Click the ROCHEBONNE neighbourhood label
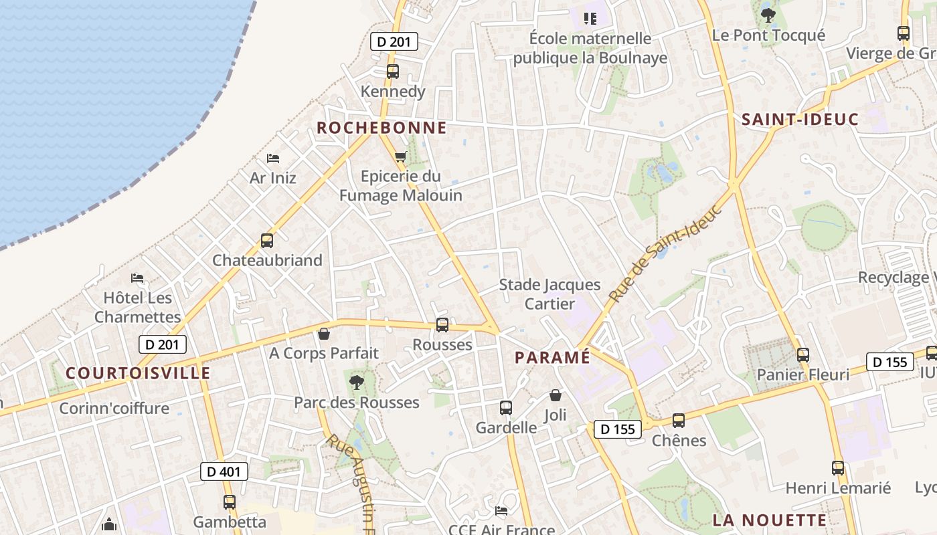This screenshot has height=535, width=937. (381, 128)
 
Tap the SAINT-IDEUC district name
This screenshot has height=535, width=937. (800, 120)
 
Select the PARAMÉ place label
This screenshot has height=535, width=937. (552, 358)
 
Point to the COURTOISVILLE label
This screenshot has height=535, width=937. (138, 373)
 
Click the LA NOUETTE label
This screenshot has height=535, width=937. (770, 520)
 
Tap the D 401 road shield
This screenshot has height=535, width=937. (224, 471)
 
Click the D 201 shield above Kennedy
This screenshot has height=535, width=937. (394, 42)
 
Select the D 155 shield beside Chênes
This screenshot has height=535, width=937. (617, 429)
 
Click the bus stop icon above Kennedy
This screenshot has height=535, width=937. (393, 72)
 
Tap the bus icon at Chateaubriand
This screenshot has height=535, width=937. (267, 241)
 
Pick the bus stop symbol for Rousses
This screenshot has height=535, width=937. (442, 325)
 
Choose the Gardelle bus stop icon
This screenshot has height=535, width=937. (506, 408)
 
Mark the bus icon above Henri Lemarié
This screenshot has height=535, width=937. (838, 468)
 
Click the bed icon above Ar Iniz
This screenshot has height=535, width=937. (273, 158)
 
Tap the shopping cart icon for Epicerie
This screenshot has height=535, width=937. (401, 156)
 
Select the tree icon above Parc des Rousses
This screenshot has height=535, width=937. (357, 383)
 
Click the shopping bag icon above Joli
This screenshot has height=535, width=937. (555, 395)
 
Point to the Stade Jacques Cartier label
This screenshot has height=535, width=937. (549, 294)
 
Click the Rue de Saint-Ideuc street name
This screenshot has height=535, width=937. (666, 253)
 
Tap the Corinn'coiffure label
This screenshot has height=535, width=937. (114, 408)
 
